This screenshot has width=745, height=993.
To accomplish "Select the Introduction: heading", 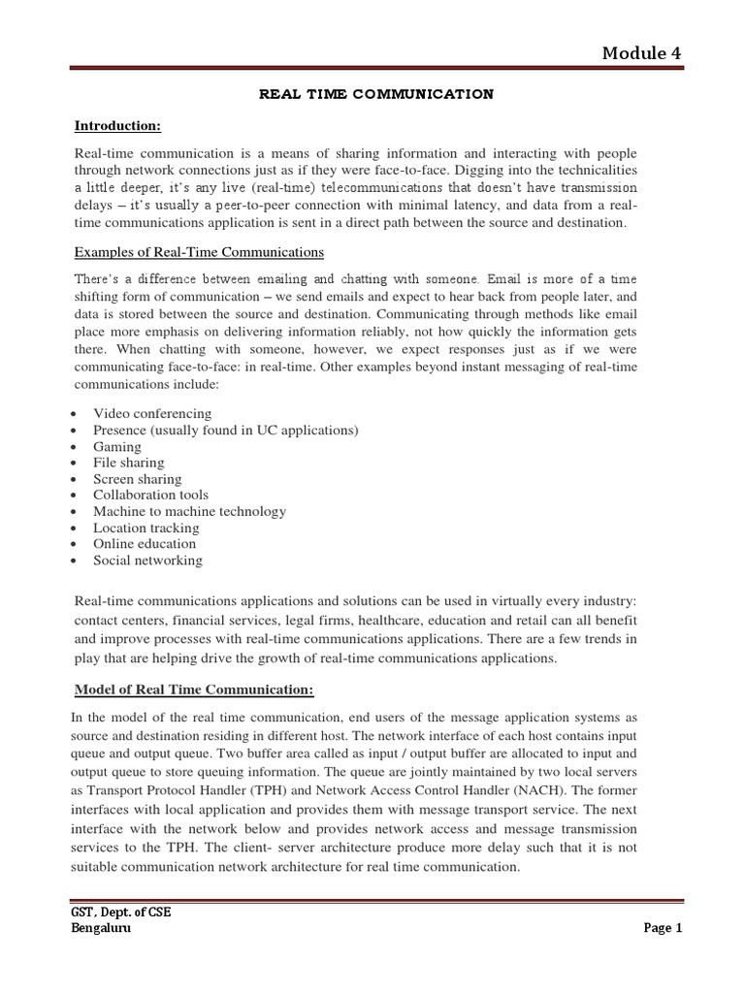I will pyautogui.click(x=118, y=125).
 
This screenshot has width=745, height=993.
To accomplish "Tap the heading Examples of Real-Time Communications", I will pyautogui.click(x=199, y=252).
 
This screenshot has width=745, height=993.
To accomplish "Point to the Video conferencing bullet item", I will pyautogui.click(x=152, y=413).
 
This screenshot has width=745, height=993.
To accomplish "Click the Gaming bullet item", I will pyautogui.click(x=117, y=446).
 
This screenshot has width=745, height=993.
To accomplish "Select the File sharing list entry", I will pyautogui.click(x=129, y=463).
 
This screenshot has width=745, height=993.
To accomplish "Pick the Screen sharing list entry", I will pyautogui.click(x=137, y=479).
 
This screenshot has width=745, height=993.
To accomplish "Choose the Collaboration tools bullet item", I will pyautogui.click(x=150, y=495).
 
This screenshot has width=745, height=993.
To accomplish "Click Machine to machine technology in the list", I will pyautogui.click(x=189, y=511).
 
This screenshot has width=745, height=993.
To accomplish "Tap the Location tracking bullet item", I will pyautogui.click(x=146, y=528).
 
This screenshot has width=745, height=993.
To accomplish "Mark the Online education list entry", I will pyautogui.click(x=145, y=544).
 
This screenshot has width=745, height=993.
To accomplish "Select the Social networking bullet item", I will pyautogui.click(x=147, y=561).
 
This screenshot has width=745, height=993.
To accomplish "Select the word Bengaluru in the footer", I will pyautogui.click(x=102, y=928).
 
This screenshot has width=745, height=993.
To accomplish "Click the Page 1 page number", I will pyautogui.click(x=664, y=928).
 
